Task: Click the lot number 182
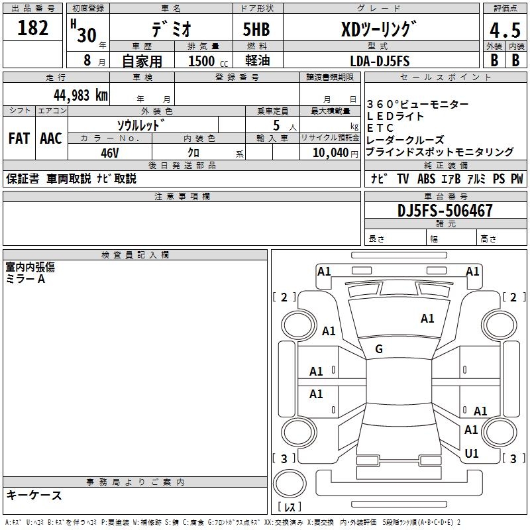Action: tap(33, 28)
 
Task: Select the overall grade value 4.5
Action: tap(503, 30)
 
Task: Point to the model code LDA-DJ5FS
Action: tap(380, 61)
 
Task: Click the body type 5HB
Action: tap(256, 30)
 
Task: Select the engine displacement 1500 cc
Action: tap(206, 61)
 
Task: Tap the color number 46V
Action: tap(110, 152)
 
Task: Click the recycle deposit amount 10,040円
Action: tap(329, 152)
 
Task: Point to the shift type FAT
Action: tap(19, 138)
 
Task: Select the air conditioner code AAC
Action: tap(50, 138)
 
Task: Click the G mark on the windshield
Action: tap(379, 349)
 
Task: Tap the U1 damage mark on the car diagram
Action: tap(472, 454)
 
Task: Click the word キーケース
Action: tap(34, 495)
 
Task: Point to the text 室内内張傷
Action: tap(30, 267)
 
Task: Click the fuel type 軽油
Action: tap(256, 61)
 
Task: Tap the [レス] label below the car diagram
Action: tap(290, 507)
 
